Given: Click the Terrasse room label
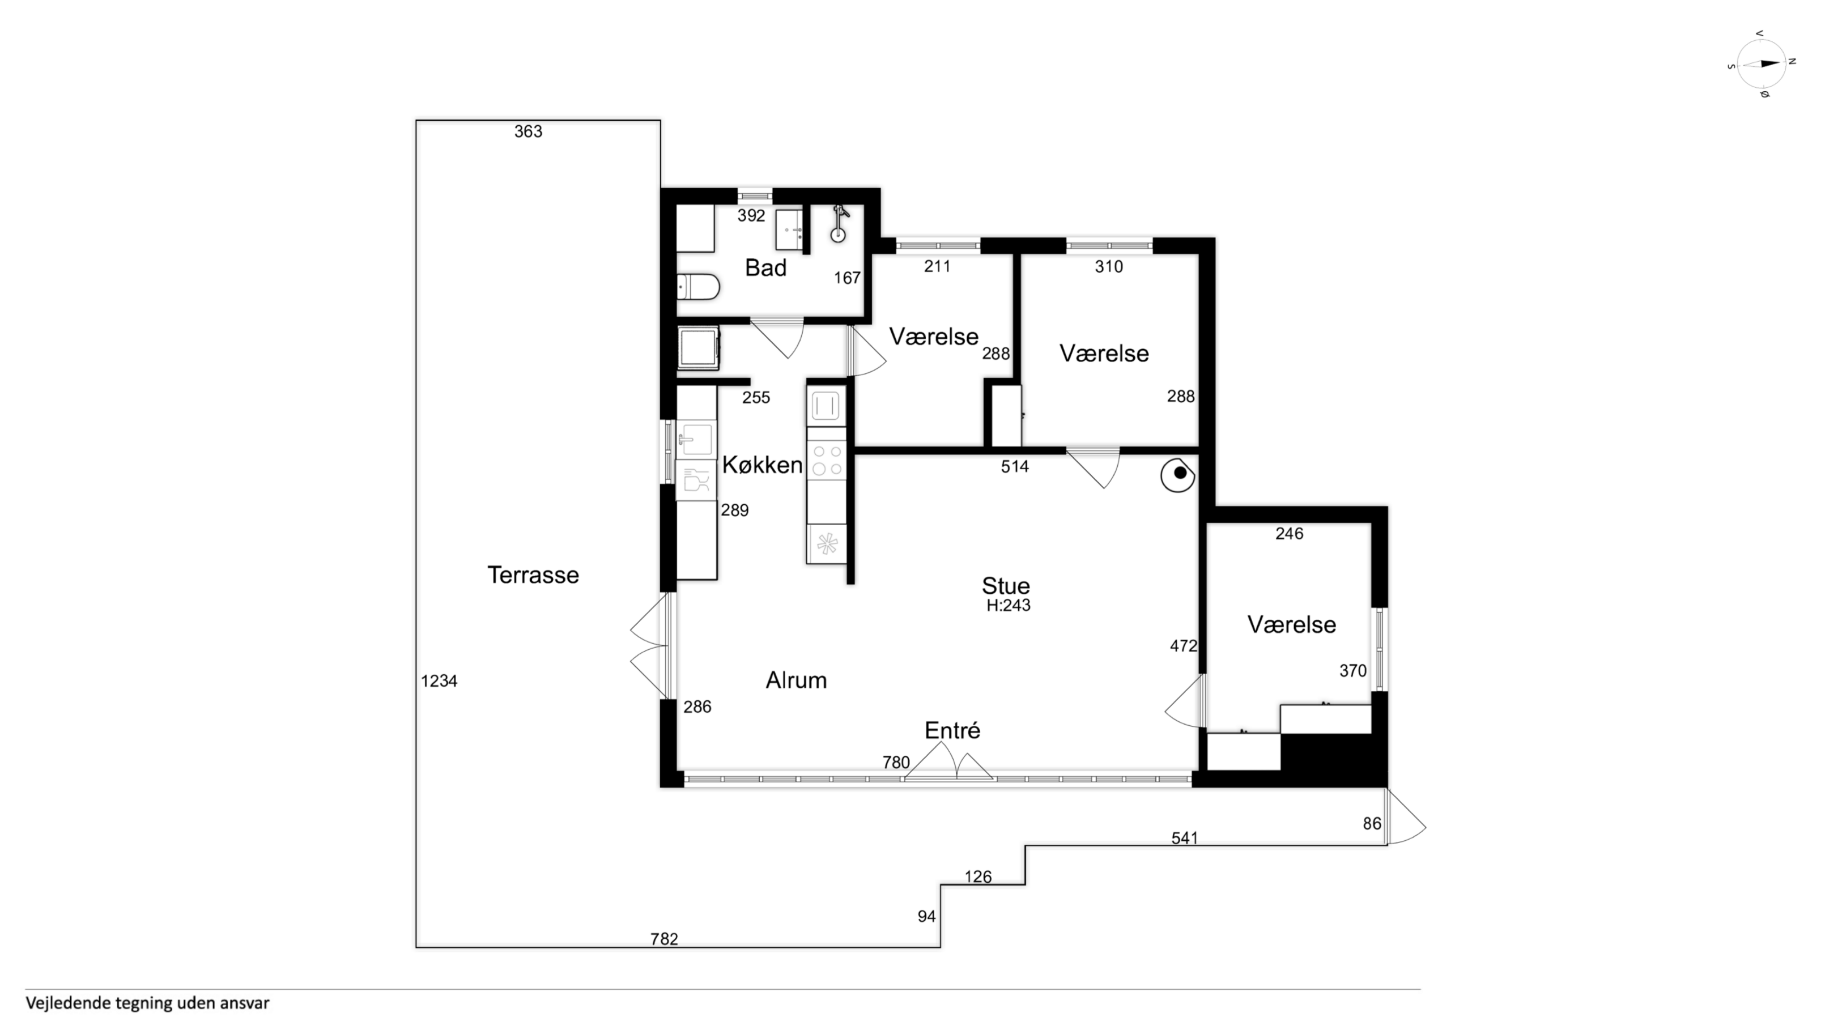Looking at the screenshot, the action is [533, 575].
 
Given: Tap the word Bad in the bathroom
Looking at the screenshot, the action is [765, 269].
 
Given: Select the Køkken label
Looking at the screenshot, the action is [762, 465].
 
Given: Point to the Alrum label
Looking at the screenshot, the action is [796, 681].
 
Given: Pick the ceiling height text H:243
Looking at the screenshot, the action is [1008, 606].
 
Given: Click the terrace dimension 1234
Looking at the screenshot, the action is [439, 682].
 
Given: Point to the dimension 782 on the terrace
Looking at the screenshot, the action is [664, 939].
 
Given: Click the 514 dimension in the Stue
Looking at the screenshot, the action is [1015, 467].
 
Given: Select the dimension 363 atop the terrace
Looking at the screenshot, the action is [528, 131].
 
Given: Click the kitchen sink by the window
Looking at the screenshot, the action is [696, 440].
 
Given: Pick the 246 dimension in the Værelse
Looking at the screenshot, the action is [1290, 534].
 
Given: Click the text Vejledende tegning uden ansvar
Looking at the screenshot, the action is [148, 1003].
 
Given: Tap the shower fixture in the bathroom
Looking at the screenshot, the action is [840, 223].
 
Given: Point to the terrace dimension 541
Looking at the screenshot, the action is [1184, 839].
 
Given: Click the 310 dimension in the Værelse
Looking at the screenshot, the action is [1109, 267].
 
